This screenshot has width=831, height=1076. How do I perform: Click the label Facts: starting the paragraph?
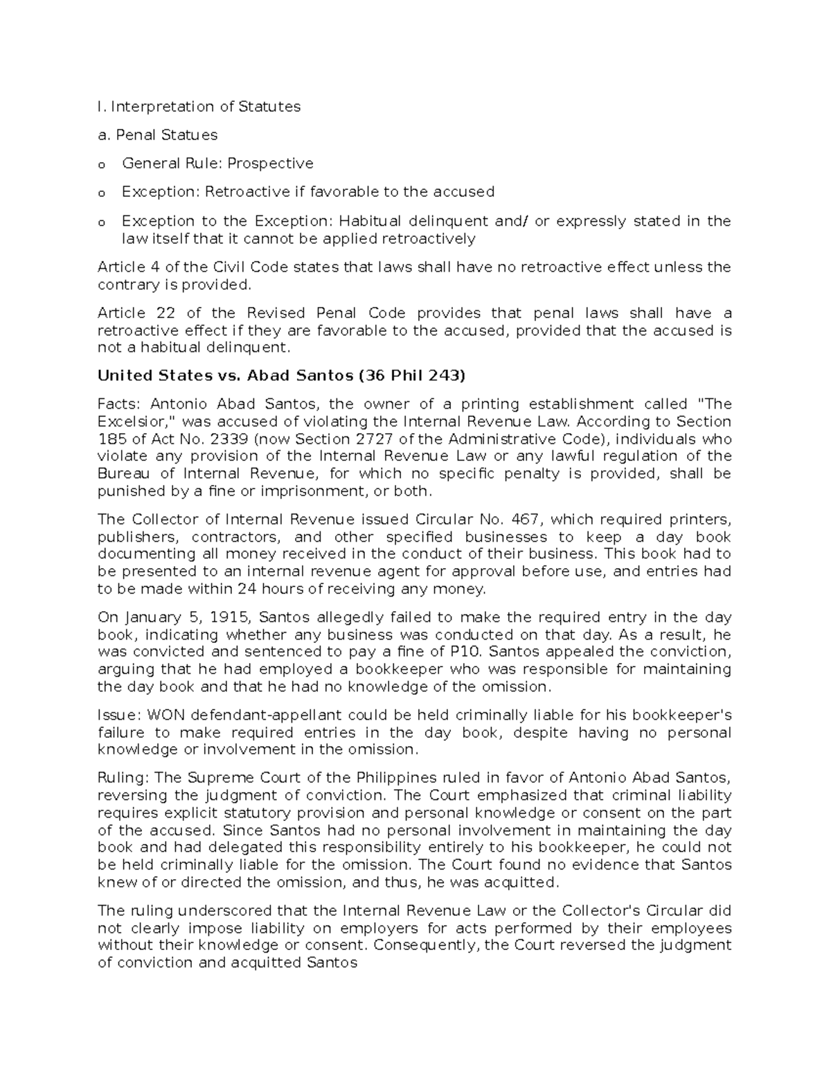point(120,404)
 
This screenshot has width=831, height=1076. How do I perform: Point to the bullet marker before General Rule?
point(102,165)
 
